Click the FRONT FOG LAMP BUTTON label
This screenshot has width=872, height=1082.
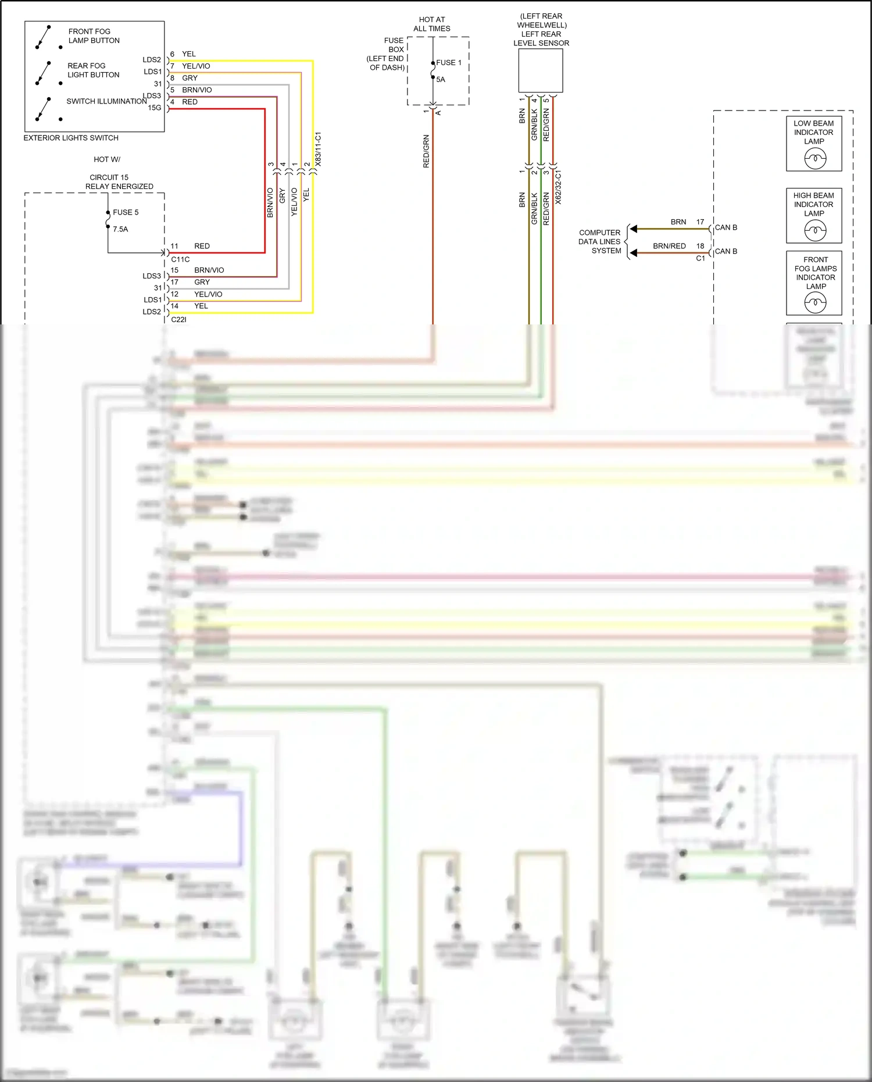coord(94,36)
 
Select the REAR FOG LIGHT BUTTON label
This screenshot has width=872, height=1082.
coord(93,70)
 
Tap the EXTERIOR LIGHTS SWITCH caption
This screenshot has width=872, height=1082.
coord(71,138)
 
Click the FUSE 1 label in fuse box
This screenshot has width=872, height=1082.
coord(449,63)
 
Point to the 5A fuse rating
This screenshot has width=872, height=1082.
coord(441,80)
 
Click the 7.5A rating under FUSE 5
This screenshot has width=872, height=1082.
coord(120,230)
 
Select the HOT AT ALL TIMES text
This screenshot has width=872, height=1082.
coord(432,24)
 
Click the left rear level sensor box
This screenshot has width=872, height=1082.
coord(541,70)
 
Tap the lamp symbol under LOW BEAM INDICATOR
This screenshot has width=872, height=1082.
coord(815,158)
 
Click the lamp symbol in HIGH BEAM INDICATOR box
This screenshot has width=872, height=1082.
coord(815,231)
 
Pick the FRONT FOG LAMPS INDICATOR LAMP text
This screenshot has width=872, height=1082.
coord(816,273)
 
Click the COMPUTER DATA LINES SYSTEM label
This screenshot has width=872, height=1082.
coord(600,242)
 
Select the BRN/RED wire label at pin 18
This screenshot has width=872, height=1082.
coord(669,247)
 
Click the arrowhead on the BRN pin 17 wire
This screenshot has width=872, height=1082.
coord(634,228)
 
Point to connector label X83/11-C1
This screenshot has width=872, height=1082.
coord(318,149)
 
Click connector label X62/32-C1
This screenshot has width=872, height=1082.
coord(558,187)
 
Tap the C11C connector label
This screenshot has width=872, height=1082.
coord(180,260)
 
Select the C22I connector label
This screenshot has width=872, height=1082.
coord(178,320)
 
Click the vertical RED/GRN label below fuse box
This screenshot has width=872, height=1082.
coord(426,152)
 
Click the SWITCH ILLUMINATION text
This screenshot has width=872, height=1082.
coord(106,102)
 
